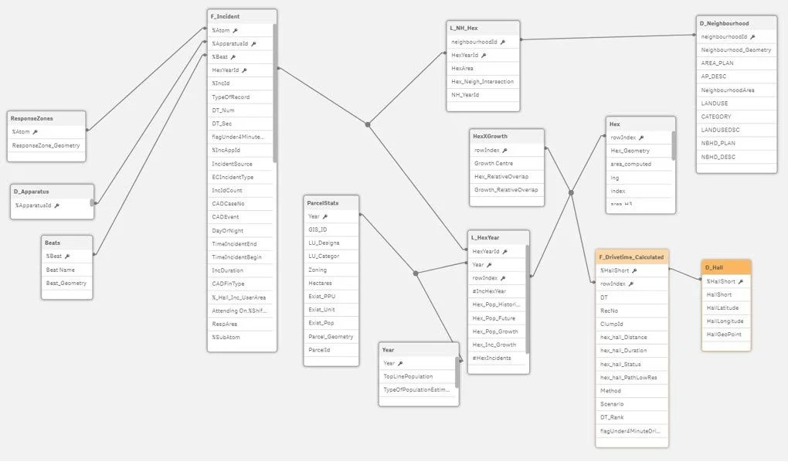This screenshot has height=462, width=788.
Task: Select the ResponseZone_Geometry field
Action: pyautogui.click(x=46, y=145)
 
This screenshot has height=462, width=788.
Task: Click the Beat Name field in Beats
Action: pyautogui.click(x=59, y=270)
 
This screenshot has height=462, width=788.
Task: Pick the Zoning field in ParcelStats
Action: pyautogui.click(x=318, y=270)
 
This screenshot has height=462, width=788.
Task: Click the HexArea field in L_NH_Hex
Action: pyautogui.click(x=462, y=68)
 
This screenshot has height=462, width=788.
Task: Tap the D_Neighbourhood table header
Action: pyautogui.click(x=735, y=23)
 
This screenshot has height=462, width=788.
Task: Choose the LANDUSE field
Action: pyautogui.click(x=715, y=103)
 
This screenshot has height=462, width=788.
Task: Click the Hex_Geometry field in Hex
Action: pyautogui.click(x=630, y=151)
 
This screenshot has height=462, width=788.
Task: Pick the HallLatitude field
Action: pyautogui.click(x=724, y=307)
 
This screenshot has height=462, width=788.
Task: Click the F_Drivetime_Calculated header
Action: pyautogui.click(x=631, y=256)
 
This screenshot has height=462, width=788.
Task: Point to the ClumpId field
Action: pyautogui.click(x=611, y=324)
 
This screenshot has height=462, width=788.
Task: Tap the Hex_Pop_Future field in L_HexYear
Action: pyautogui.click(x=495, y=318)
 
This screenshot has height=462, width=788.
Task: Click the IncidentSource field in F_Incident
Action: pyautogui.click(x=232, y=164)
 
